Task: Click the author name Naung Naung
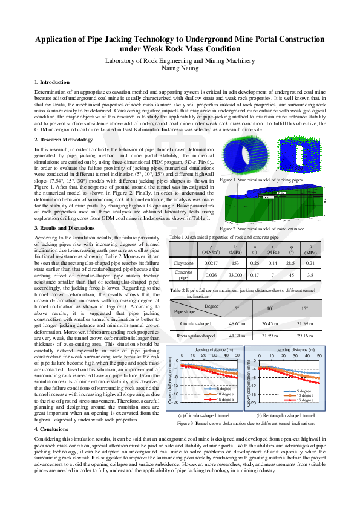(180, 70)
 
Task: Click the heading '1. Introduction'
(53, 82)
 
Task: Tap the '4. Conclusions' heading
(51, 412)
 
